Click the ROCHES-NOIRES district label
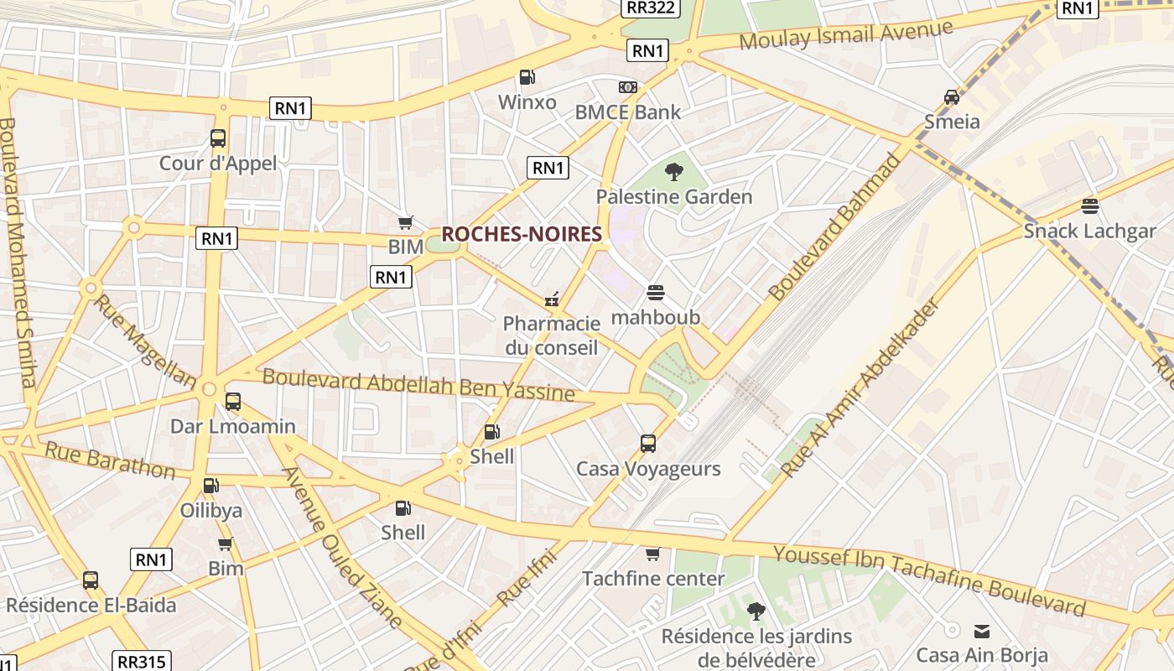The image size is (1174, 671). pos(522,235)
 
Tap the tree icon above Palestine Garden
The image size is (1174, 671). pos(673,173)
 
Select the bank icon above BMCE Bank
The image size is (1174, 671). pos(627,87)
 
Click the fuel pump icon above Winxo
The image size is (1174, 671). pos(527,77)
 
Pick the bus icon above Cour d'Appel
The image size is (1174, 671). pos(218,138)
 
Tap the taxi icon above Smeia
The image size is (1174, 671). pos(951,97)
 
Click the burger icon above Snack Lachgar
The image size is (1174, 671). pos(1089,205)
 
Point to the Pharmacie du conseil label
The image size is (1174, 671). pos(551,335)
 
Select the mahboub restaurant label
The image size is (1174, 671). pos(655,318)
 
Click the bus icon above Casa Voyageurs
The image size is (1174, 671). pos(647,444)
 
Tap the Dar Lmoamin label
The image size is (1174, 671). pos(232,426)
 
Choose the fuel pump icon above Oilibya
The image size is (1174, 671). pos(210,486)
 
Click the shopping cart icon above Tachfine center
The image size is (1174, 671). pos(652,554)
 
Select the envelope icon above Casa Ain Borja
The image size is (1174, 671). pos(981,631)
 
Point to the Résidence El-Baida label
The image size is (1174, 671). pos(91,606)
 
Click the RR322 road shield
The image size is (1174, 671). pos(651,8)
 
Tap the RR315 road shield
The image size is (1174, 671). pos(142,662)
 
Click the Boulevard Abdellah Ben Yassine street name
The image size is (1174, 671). pos(418,384)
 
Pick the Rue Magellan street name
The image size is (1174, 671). pos(144,341)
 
